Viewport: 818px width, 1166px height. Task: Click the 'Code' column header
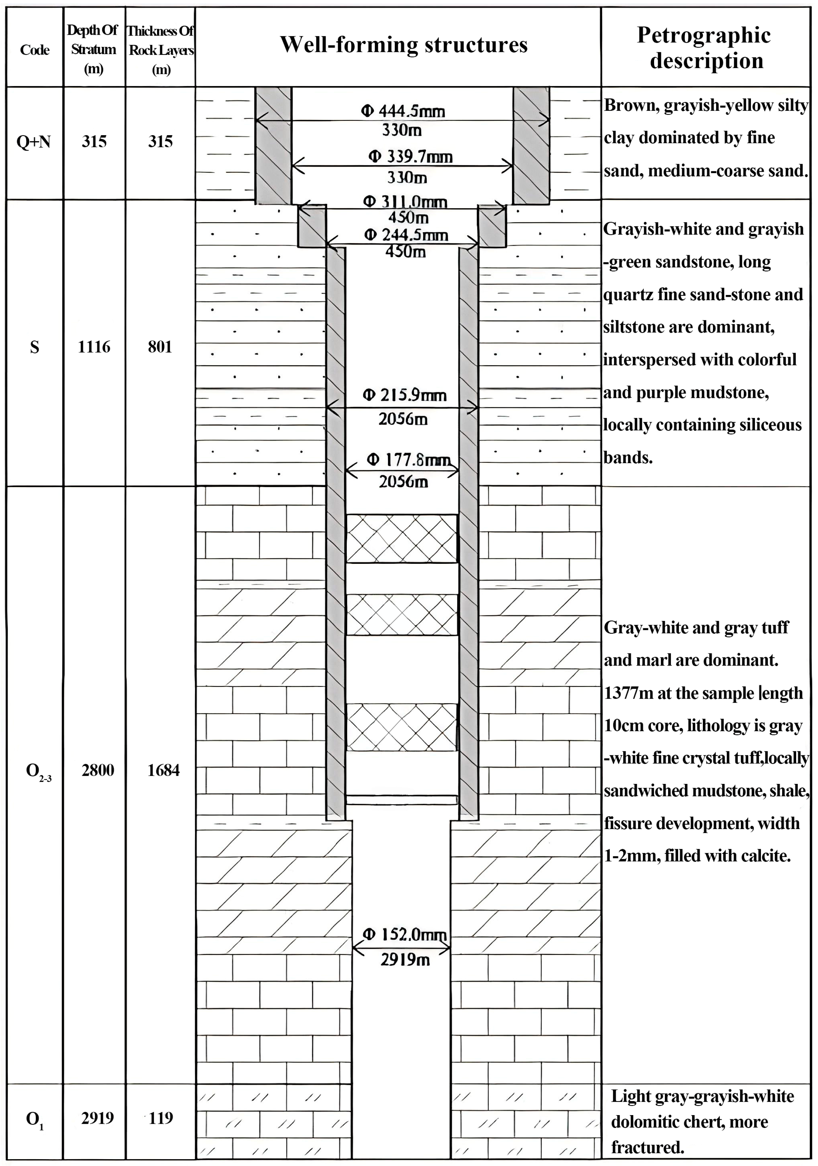(x=34, y=50)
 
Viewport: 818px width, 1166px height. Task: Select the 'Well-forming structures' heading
(x=403, y=45)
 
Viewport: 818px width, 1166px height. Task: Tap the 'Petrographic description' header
(x=705, y=48)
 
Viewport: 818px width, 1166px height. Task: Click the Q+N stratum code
(x=34, y=142)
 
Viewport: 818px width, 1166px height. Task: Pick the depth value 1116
(x=94, y=347)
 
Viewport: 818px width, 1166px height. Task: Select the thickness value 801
(x=160, y=347)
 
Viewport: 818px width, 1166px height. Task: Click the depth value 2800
(x=98, y=770)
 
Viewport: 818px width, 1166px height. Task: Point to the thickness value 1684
(x=163, y=770)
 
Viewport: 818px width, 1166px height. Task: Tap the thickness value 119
(x=161, y=1117)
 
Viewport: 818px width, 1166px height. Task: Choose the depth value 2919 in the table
(x=97, y=1117)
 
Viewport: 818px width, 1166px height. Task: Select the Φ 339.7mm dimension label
(x=411, y=156)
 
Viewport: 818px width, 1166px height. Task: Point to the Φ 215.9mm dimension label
(x=405, y=395)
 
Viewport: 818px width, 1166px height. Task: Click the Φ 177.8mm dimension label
(x=408, y=460)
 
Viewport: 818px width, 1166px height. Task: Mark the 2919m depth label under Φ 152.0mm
(x=405, y=959)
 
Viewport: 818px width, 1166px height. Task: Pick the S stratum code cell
(x=34, y=347)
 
